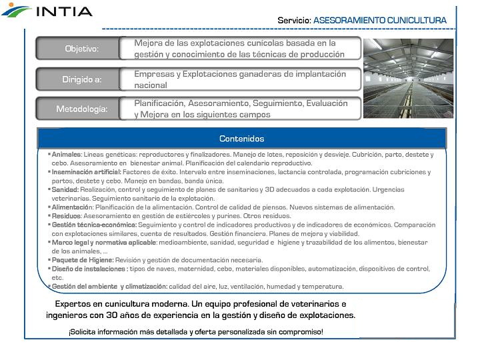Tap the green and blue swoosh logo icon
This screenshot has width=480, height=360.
16,10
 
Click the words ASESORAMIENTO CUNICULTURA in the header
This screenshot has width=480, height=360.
379,21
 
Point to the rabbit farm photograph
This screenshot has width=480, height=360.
407,78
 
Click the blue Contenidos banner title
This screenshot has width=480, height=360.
241,139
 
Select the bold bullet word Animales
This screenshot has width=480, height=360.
67,154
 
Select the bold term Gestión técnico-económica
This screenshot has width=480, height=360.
94,225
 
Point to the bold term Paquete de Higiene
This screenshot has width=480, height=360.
82,260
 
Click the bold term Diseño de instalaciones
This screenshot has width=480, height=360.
89,269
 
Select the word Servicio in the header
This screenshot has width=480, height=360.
293,21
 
